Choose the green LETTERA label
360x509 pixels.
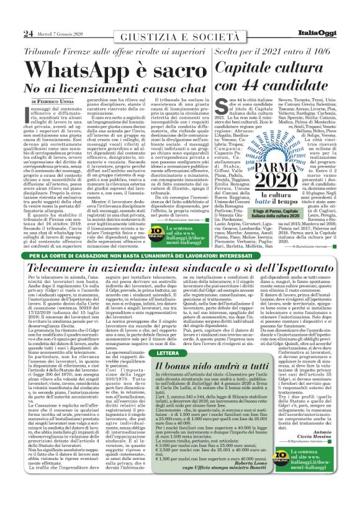[167, 353]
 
